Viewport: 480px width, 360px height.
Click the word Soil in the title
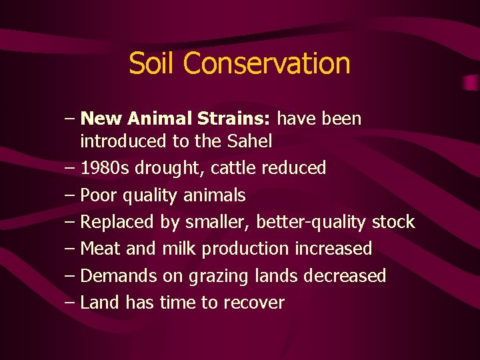point(152,63)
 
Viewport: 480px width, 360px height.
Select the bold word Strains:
point(231,119)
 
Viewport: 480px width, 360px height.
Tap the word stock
point(393,222)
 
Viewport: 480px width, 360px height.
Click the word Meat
point(100,249)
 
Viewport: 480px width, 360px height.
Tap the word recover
point(253,303)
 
